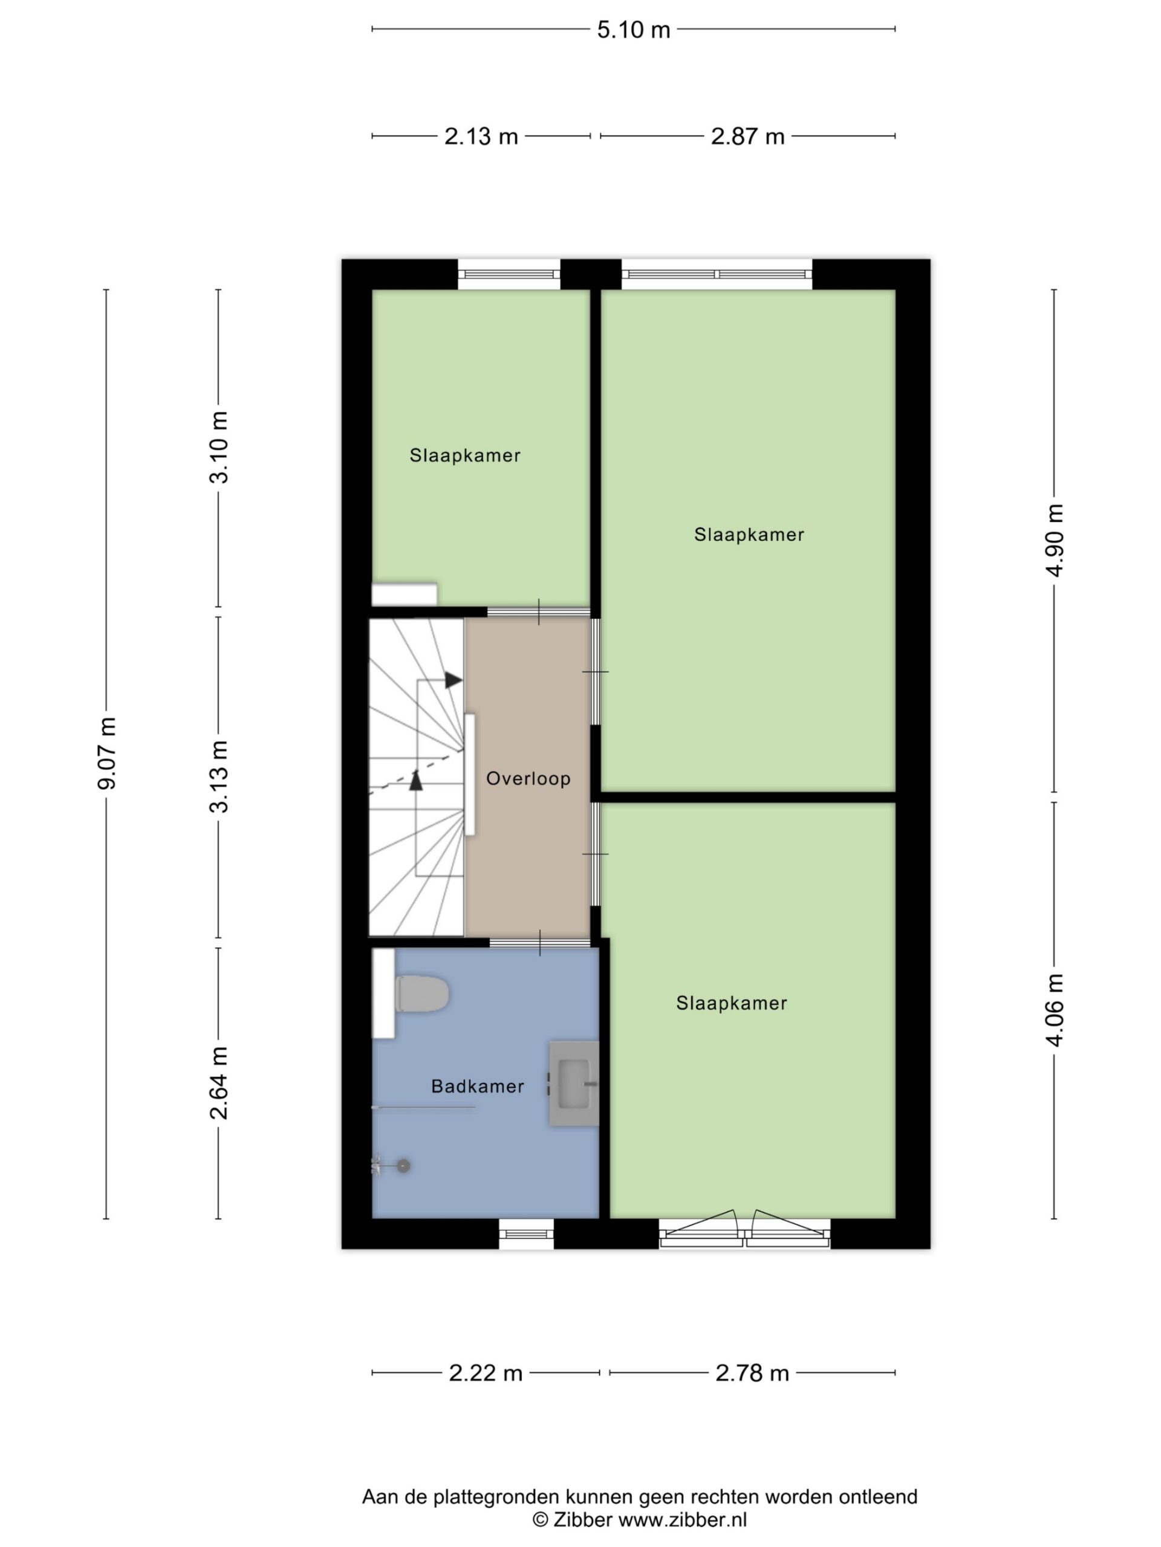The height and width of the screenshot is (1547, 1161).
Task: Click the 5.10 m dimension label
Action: click(x=633, y=30)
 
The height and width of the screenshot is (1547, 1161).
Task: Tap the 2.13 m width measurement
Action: click(x=481, y=137)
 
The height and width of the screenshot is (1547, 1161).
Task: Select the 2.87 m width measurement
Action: click(x=747, y=137)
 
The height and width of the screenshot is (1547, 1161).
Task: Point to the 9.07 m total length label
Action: click(x=106, y=753)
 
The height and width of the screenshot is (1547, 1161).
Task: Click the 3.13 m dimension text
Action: click(x=218, y=777)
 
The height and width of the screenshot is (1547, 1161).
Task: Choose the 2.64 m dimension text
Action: click(x=218, y=1083)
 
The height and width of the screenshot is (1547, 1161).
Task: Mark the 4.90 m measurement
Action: click(x=1055, y=541)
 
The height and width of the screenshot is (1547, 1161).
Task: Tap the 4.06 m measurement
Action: click(x=1055, y=1010)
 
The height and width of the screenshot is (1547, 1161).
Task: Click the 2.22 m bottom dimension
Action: click(x=486, y=1373)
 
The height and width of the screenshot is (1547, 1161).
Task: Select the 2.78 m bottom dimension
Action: click(x=752, y=1373)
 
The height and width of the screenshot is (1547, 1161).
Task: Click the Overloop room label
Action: click(x=528, y=778)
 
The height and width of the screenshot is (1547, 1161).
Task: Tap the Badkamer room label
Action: click(x=478, y=1086)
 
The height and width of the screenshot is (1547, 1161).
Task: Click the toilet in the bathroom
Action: click(x=421, y=993)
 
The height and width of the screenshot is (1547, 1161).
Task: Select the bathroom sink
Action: click(x=574, y=1084)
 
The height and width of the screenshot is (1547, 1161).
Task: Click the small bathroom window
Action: click(x=526, y=1234)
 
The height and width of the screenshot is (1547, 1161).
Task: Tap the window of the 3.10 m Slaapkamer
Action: click(x=510, y=274)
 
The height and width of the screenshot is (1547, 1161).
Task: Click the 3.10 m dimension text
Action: click(x=218, y=448)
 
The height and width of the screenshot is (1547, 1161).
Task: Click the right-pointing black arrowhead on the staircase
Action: click(x=454, y=680)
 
